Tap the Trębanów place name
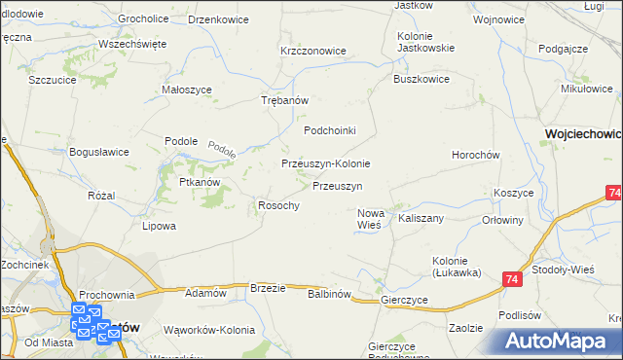pyautogui.click(x=285, y=101)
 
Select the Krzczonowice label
pyautogui.click(x=312, y=51)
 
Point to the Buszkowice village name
pyautogui.click(x=421, y=81)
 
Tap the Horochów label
pyautogui.click(x=475, y=156)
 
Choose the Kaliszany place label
pyautogui.click(x=421, y=219)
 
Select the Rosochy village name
pyautogui.click(x=277, y=205)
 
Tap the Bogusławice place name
pyautogui.click(x=99, y=152)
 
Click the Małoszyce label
pyautogui.click(x=186, y=90)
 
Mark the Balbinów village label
pyautogui.click(x=328, y=293)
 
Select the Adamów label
pyautogui.click(x=205, y=293)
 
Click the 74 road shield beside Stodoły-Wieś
pyautogui.click(x=512, y=280)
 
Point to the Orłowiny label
pyautogui.click(x=503, y=220)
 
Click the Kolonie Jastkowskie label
pyautogui.click(x=421, y=43)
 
